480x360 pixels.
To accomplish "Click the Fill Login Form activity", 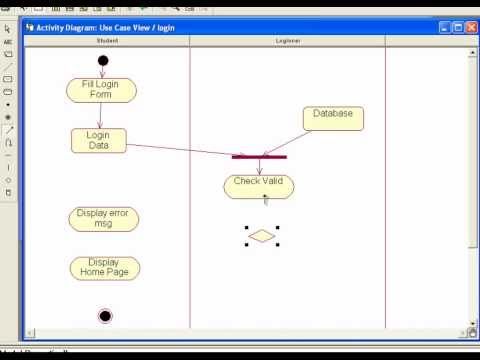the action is point(101,90).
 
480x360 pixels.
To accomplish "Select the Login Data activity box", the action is point(99,140).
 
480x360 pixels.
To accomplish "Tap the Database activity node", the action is point(333,118).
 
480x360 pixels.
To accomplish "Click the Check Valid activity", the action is point(259,186).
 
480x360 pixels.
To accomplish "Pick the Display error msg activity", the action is point(104,219).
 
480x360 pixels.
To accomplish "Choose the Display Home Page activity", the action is point(104,268).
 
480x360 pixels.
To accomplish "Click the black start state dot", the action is point(103,61).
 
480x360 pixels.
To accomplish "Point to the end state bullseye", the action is point(105,316).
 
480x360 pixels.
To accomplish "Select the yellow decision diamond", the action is point(261,236).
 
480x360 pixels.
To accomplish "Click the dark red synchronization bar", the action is point(259,157).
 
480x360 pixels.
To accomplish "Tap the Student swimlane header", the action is point(107,41).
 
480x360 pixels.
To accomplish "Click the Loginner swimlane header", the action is point(289,41).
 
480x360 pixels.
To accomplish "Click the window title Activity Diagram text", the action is point(105,27).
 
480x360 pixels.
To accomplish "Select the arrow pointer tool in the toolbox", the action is point(8,29).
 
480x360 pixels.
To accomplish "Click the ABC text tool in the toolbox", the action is point(8,42).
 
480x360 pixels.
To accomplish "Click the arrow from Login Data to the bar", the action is point(180,149).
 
